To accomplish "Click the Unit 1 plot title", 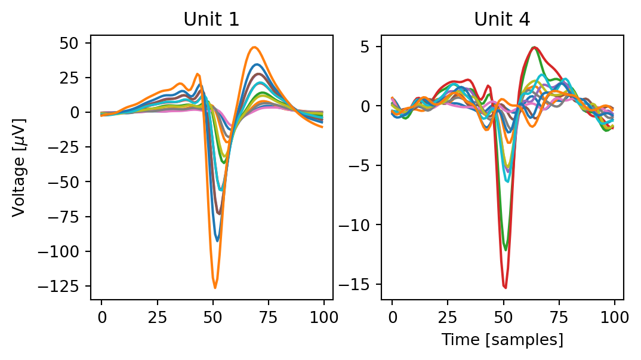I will tap(211, 19).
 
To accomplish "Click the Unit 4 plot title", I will tap(502, 19).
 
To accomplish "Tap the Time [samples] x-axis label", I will tap(502, 340).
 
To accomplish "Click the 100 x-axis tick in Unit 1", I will tap(324, 316).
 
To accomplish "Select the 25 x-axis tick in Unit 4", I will tap(448, 316).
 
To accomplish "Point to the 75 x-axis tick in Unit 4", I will tap(560, 316).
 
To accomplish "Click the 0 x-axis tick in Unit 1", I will tap(101, 316).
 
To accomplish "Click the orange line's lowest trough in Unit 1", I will tap(215, 288).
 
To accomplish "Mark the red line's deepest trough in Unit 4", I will tap(505, 288).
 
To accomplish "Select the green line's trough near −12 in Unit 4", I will tap(506, 250).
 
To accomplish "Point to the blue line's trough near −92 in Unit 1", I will tap(217, 241).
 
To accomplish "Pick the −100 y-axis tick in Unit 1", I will tap(64, 251).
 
